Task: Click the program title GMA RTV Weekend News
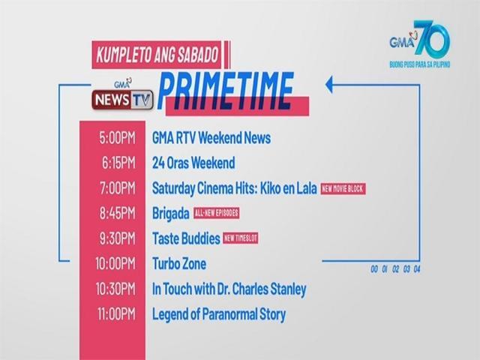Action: [x=211, y=138]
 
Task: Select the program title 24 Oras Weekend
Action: [x=193, y=163]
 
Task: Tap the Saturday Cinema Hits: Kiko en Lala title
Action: [x=233, y=187]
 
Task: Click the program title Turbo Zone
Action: [x=178, y=264]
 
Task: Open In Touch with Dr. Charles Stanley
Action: [x=229, y=289]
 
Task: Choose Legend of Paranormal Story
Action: [x=218, y=314]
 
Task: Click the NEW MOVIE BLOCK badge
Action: [x=343, y=188]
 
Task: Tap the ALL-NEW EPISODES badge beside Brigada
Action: [x=217, y=213]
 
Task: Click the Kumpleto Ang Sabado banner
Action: [x=157, y=54]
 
